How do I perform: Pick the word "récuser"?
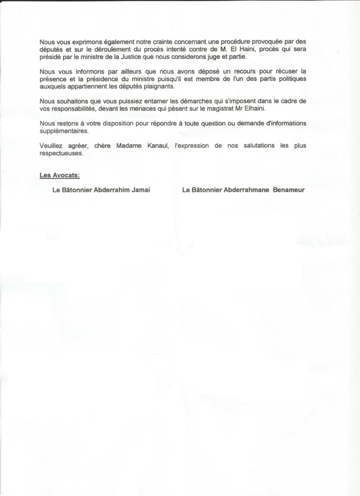tap(294, 70)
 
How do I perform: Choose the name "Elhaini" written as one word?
tap(257, 109)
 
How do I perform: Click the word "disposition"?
tap(105, 124)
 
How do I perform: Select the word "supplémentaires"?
tap(63, 131)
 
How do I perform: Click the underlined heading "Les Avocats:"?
tap(59, 174)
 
